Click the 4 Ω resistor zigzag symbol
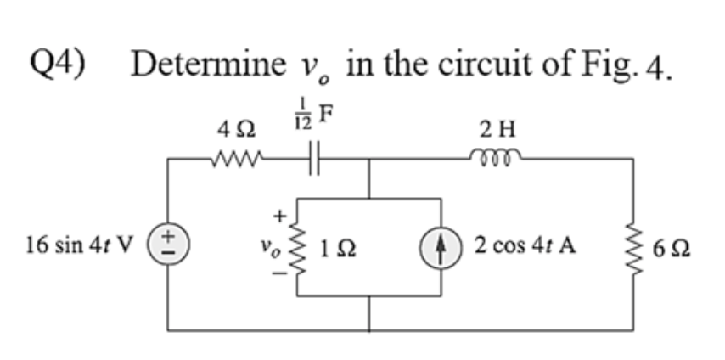click(234, 159)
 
